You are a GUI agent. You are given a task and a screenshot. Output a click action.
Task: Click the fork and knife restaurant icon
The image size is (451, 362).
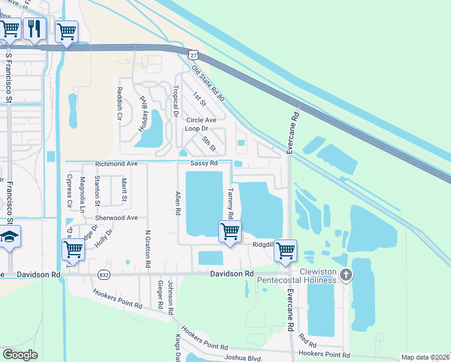[35, 29]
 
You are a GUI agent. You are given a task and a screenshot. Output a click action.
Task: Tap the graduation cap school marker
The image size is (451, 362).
[10, 237]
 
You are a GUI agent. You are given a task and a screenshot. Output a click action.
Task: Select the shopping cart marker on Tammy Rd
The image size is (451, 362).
[230, 231]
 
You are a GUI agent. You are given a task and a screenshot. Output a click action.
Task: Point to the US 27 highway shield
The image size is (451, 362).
[192, 54]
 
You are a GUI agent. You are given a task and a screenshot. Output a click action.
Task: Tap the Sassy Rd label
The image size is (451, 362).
[203, 164]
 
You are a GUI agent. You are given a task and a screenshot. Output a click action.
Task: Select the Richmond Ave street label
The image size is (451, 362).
[117, 164]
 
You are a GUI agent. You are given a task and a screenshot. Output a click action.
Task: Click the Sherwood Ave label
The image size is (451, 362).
[116, 217]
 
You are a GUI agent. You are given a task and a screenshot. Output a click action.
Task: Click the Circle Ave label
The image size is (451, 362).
[201, 120]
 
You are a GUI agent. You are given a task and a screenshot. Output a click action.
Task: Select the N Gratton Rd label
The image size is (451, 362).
[148, 249]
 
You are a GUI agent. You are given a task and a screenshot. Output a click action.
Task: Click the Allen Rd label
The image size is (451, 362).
[178, 204]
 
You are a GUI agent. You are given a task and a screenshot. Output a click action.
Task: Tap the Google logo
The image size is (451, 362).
[20, 355]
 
